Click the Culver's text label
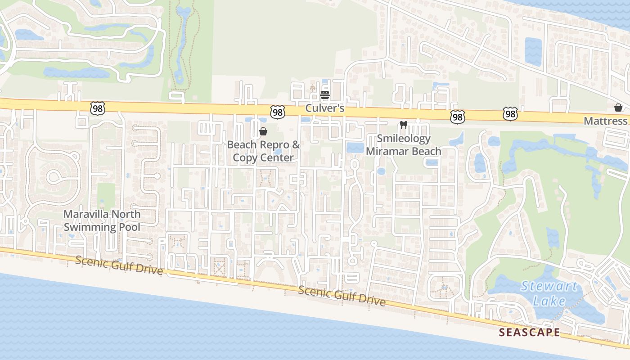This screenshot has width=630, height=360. click(325, 108)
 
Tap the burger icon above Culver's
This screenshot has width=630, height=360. click(325, 95)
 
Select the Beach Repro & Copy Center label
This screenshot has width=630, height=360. click(263, 151)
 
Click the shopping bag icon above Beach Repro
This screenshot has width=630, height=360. click(263, 131)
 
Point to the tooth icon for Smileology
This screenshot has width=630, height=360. click(403, 125)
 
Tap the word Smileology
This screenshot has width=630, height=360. click(404, 138)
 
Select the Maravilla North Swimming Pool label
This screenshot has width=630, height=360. click(102, 220)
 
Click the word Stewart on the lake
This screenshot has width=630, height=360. click(548, 286)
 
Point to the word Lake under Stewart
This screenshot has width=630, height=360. click(549, 301)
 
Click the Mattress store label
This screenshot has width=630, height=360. click(605, 121)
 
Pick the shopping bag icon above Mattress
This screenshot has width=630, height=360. click(618, 108)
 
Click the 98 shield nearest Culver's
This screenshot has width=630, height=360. click(278, 112)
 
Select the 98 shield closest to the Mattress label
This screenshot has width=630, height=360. click(510, 114)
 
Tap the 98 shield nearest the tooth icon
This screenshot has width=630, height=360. click(457, 117)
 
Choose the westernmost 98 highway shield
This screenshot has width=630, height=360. click(97, 108)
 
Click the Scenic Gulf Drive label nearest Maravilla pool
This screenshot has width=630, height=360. click(119, 265)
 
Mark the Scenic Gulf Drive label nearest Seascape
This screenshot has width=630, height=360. click(342, 296)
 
